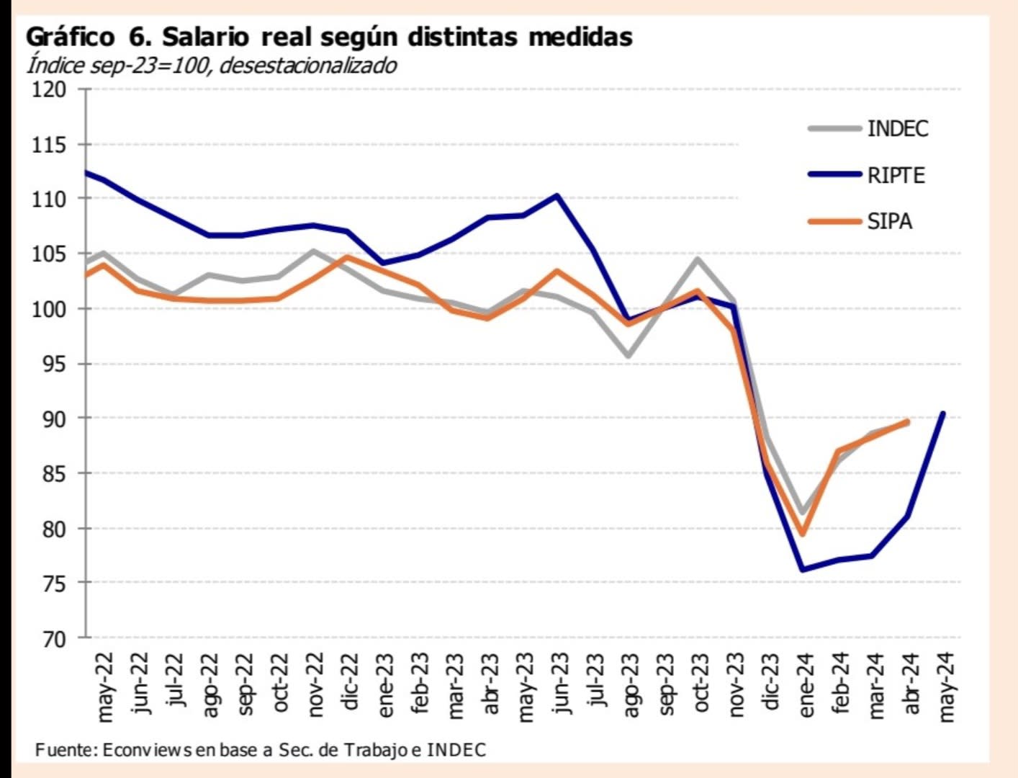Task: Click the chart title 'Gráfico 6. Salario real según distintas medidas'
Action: pyautogui.click(x=329, y=37)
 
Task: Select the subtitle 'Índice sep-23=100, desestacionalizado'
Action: pyautogui.click(x=212, y=66)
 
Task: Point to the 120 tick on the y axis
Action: pyautogui.click(x=50, y=90)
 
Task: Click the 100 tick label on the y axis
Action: pyautogui.click(x=50, y=309)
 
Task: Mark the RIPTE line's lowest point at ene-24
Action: pyautogui.click(x=803, y=570)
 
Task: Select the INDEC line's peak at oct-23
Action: pyautogui.click(x=697, y=259)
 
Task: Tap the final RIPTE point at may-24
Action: pyautogui.click(x=942, y=413)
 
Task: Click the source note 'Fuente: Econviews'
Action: pyautogui.click(x=260, y=750)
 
